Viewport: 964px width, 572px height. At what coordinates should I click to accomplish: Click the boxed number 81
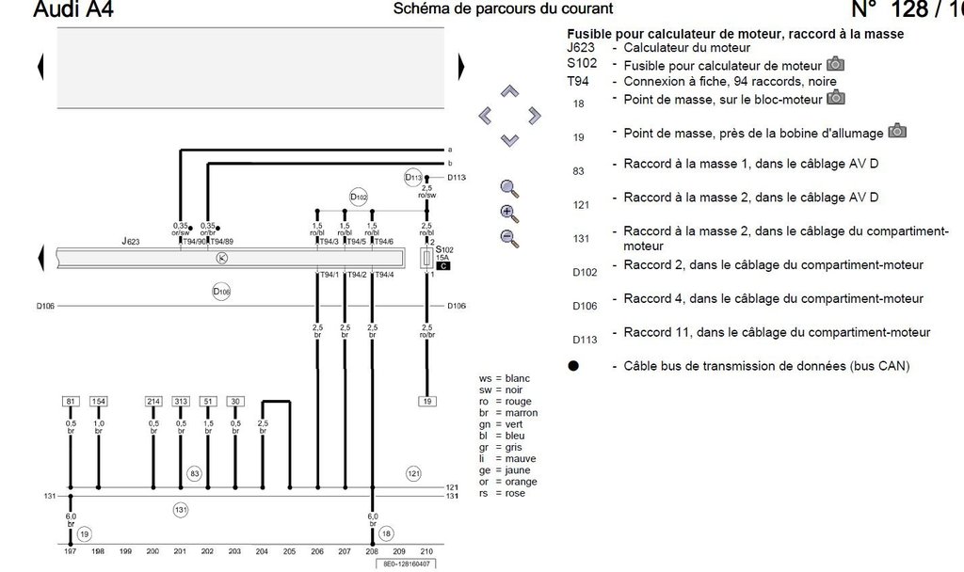tap(70, 402)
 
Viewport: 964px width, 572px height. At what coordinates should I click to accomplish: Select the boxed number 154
tap(99, 402)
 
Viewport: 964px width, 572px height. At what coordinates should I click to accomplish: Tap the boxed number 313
tap(181, 402)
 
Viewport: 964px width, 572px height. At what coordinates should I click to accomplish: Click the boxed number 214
tap(153, 402)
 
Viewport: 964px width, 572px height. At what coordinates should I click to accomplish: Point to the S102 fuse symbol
tap(427, 257)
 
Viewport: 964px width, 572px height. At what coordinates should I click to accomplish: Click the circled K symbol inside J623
tap(222, 257)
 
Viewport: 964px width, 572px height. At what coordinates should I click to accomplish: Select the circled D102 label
tap(359, 198)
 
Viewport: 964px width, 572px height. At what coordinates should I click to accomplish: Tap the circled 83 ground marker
tap(195, 473)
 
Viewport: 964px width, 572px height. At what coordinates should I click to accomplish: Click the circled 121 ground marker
tap(413, 473)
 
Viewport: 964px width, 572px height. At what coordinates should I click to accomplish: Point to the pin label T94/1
tap(328, 275)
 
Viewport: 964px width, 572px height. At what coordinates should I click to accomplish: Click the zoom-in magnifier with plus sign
tap(510, 213)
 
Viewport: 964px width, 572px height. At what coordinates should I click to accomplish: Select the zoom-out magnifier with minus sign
tap(510, 237)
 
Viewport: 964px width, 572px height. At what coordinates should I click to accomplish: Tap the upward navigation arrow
tap(509, 92)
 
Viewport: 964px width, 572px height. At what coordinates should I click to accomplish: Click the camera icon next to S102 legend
tap(836, 65)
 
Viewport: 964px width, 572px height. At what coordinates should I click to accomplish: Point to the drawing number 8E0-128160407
tap(408, 564)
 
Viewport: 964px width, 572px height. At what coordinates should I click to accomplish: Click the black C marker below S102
tap(442, 266)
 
